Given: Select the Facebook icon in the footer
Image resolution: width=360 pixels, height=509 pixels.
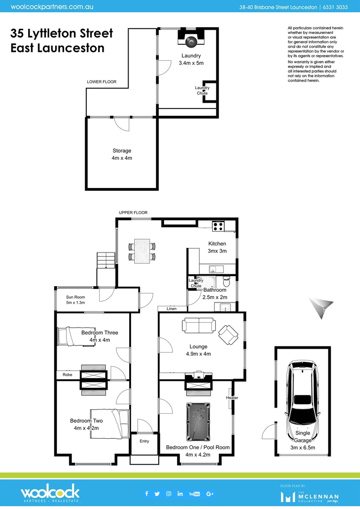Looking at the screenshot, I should [x=147, y=493].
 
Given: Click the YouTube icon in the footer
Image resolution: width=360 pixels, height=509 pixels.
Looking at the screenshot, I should [x=194, y=493].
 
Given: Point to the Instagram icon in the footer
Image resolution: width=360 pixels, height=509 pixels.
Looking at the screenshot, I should [x=169, y=493].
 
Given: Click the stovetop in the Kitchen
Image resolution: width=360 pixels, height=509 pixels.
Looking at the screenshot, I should [x=218, y=226].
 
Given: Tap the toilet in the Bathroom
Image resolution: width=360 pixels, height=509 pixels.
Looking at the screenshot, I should [x=227, y=282].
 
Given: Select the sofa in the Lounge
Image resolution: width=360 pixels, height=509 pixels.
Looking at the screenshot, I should [x=198, y=325].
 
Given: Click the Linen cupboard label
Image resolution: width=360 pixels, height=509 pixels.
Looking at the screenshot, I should [x=172, y=309].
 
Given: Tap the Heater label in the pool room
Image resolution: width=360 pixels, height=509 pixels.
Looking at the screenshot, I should [x=232, y=398].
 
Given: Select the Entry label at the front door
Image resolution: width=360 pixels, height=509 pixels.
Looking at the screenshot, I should [x=144, y=441].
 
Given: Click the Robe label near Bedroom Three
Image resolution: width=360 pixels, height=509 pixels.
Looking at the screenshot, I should [x=67, y=375].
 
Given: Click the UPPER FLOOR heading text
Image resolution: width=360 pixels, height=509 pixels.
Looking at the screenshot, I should [x=133, y=213].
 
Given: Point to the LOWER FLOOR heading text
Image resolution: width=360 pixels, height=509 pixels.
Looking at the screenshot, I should [x=101, y=82].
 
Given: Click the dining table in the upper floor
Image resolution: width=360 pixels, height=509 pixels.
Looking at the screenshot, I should [x=142, y=251].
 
